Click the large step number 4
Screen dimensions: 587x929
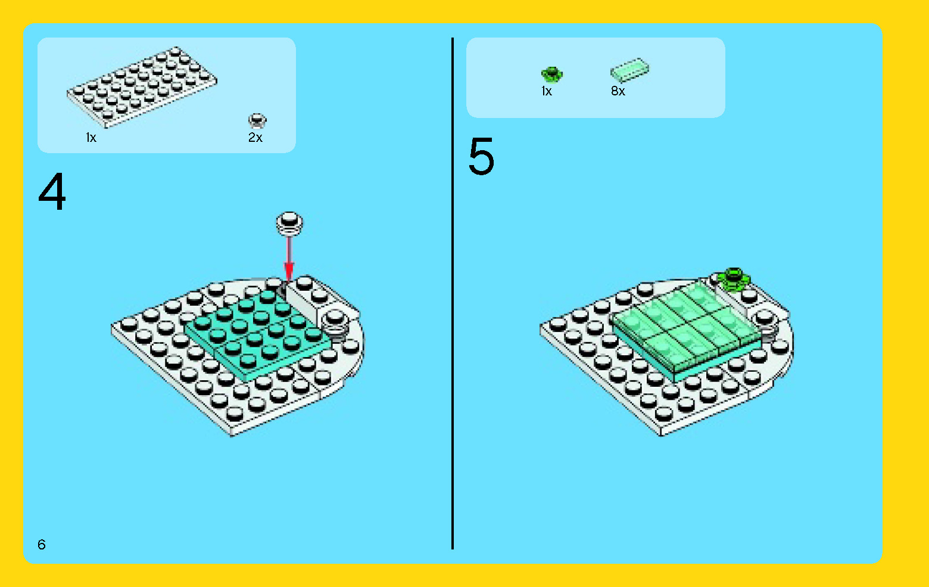(x=52, y=192)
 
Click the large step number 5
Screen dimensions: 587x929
(x=481, y=157)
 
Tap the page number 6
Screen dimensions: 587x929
(x=41, y=544)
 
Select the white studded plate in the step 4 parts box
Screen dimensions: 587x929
(x=142, y=87)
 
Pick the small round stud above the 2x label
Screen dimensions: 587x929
(x=257, y=121)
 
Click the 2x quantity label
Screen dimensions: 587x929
(x=255, y=138)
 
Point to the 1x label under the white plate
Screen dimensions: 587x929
(x=91, y=138)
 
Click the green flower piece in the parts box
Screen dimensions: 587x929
(x=551, y=74)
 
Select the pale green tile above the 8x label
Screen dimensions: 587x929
(x=629, y=70)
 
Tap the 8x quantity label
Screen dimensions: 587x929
(x=618, y=91)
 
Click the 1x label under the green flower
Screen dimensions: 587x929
(x=546, y=91)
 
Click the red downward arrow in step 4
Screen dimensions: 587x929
(x=289, y=256)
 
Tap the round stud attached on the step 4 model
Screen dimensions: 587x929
(x=335, y=324)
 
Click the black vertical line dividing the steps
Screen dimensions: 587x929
(x=453, y=298)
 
